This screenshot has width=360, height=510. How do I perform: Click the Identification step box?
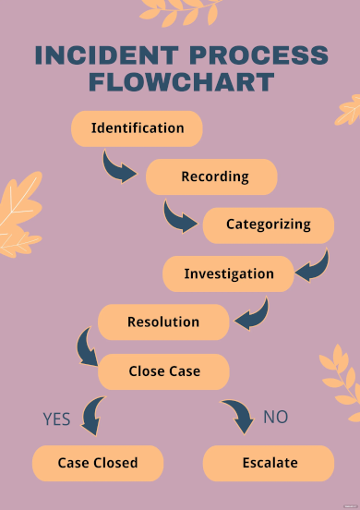(x=138, y=128)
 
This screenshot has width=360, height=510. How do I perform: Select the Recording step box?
(x=212, y=176)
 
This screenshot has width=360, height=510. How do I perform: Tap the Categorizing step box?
(x=268, y=225)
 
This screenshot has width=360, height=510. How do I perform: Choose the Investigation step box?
(x=228, y=273)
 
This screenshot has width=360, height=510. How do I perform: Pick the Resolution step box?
(x=163, y=322)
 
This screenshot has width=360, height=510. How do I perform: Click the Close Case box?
(x=163, y=371)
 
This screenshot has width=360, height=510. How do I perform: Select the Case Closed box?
(x=98, y=463)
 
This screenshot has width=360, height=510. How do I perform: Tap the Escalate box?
(x=269, y=463)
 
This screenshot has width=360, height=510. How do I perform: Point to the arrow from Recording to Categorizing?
(x=179, y=217)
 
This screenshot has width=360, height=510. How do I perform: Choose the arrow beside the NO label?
(x=238, y=416)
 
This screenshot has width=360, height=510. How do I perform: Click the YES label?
(x=56, y=419)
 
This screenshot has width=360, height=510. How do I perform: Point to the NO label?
(x=275, y=417)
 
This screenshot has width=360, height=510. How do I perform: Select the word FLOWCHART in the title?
(x=181, y=82)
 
